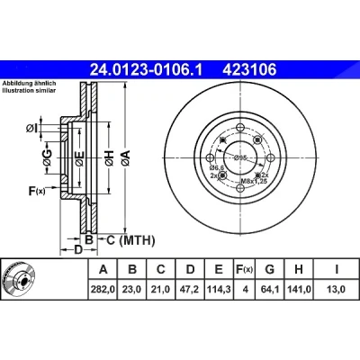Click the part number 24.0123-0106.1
(x=147, y=70)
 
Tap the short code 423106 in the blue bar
(x=249, y=70)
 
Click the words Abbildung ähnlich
(x=30, y=84)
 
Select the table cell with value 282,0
(x=103, y=290)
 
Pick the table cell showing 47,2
(x=190, y=290)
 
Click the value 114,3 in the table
(x=219, y=290)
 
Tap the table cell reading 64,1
(x=270, y=290)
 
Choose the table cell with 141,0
(x=299, y=290)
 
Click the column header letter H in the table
(x=299, y=269)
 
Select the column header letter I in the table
(x=337, y=269)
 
